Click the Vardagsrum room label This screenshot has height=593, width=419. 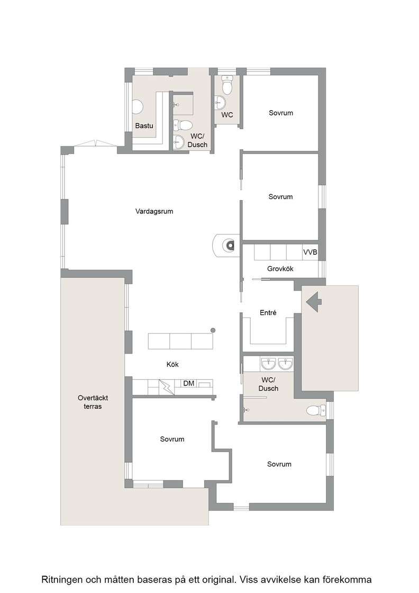(x=154, y=211)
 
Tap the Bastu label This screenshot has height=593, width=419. (x=144, y=125)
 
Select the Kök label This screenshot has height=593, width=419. (x=172, y=364)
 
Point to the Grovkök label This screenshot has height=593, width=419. (x=280, y=269)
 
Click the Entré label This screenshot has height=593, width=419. (x=268, y=313)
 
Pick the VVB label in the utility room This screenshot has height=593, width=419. (x=310, y=252)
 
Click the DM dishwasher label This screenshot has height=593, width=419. (x=188, y=383)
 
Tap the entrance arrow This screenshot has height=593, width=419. (x=314, y=301)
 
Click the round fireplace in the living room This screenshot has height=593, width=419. (x=230, y=245)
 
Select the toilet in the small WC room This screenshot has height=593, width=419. (x=227, y=85)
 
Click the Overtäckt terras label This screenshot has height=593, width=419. (x=93, y=402)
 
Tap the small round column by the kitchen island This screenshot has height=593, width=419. (x=213, y=330)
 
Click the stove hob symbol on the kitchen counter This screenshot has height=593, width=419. (x=166, y=387)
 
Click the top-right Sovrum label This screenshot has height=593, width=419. (x=281, y=113)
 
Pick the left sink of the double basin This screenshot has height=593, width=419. (x=268, y=364)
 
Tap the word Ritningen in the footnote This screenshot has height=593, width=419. (x=63, y=579)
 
